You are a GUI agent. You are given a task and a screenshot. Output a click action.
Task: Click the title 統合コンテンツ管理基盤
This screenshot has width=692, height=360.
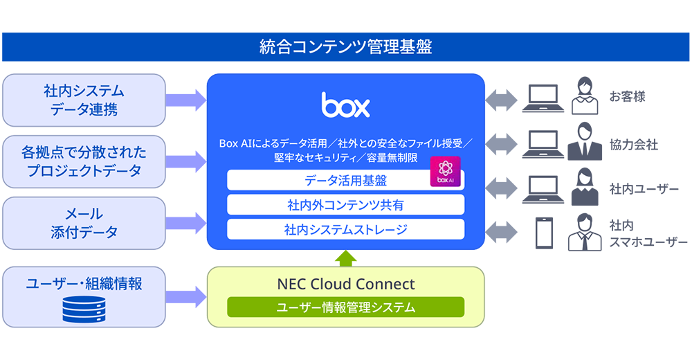[345, 47]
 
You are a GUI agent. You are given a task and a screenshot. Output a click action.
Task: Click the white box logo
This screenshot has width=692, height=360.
[345, 105]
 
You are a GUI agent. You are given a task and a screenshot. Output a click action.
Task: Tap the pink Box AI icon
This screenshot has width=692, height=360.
[446, 171]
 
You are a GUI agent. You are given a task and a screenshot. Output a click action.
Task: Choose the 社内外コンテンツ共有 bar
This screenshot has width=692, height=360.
[345, 205]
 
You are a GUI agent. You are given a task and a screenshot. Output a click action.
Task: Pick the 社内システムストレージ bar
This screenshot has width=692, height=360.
[345, 229]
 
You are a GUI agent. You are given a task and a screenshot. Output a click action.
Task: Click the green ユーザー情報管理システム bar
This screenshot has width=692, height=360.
[345, 307]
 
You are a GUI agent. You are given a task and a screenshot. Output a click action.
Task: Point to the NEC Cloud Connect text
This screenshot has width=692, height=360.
[345, 284]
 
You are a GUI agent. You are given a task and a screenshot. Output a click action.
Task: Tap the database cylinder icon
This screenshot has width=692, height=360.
[84, 309]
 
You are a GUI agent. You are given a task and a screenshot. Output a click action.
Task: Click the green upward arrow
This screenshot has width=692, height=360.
[346, 258]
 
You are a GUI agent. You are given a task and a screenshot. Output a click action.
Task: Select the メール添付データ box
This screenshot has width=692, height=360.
[84, 223]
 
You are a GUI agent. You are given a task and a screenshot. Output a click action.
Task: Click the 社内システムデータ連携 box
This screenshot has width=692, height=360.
[84, 100]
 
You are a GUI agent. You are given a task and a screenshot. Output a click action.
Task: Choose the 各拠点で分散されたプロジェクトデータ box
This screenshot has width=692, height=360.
[84, 161]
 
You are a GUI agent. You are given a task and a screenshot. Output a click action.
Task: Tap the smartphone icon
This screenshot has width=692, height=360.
[543, 233]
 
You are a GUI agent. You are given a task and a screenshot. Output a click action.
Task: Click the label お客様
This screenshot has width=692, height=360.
[627, 96]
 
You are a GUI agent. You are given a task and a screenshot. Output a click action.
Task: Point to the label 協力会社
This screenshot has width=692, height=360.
[633, 145]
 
